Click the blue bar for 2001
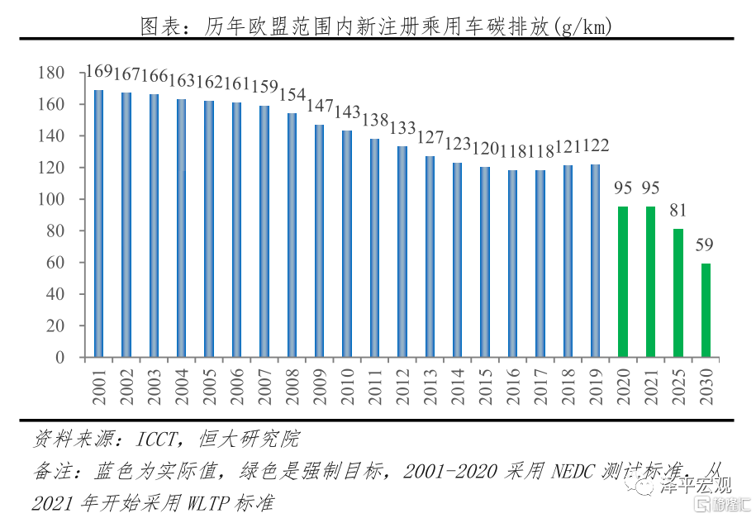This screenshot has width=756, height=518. [x=98, y=223]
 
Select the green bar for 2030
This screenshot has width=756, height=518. [x=706, y=310]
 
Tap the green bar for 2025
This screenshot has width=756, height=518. [x=678, y=292]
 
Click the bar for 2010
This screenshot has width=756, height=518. [x=347, y=244]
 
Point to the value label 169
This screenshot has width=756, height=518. [x=99, y=73]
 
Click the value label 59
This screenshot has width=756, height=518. [x=705, y=245]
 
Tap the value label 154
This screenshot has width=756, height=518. [x=292, y=94]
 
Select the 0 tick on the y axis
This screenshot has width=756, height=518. [x=59, y=358]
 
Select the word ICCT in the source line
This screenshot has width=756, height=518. [x=158, y=438]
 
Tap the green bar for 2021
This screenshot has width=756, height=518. [x=650, y=281]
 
